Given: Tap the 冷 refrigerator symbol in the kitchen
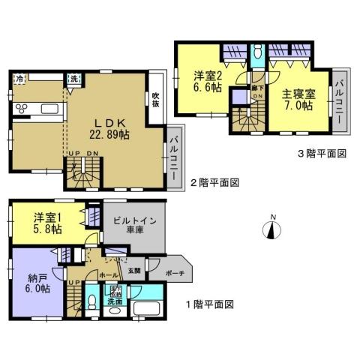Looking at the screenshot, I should [19, 79].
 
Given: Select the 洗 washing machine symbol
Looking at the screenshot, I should [74, 79].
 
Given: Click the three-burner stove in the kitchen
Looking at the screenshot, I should [21, 109].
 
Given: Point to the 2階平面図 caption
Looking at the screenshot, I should [214, 182].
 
